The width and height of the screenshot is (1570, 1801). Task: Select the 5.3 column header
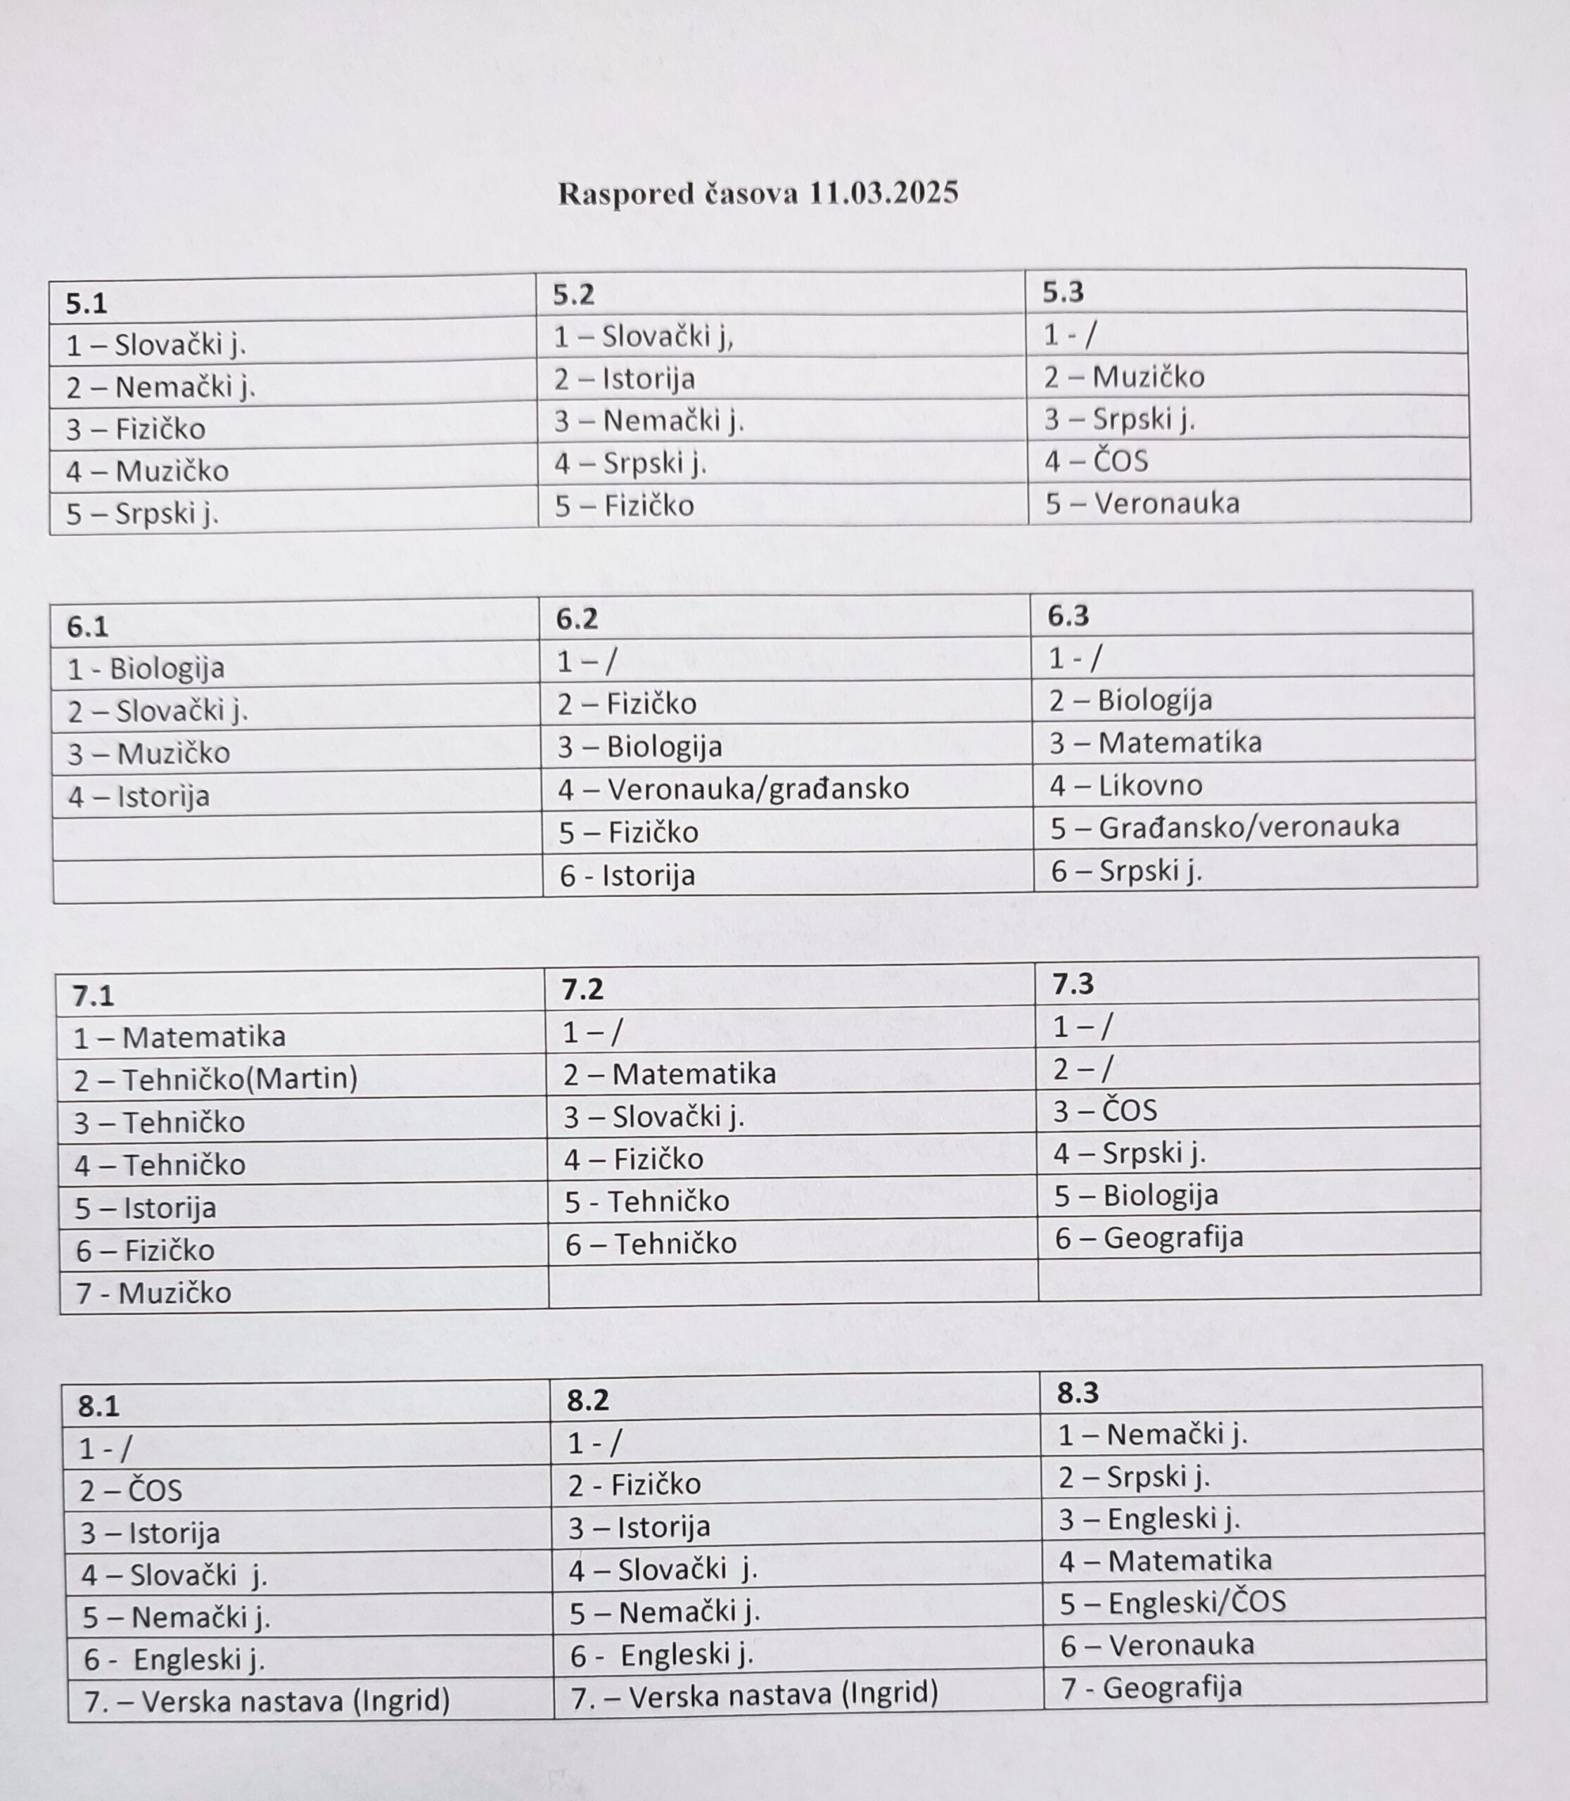coord(1064,293)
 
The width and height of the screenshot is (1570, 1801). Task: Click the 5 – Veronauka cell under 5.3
coord(1142,503)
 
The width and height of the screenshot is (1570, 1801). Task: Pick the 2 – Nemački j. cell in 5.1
coord(160,386)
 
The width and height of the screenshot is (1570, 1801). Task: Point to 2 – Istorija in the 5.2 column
coord(624,378)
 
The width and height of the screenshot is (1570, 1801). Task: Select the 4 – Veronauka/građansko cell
coord(734,789)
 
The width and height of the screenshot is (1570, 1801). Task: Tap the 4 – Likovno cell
coord(1126,785)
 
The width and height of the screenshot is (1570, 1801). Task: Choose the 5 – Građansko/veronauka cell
coord(1224,827)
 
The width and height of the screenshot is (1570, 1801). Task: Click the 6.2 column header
coord(577,618)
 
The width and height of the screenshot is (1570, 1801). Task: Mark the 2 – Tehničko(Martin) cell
coord(215,1079)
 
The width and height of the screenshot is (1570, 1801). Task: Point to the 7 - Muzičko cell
coord(153,1292)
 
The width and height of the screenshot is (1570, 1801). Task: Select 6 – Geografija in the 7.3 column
coord(1149,1237)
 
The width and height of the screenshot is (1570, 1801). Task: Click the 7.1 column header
coord(93,995)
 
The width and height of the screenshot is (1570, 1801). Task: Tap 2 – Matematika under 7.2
coord(670,1074)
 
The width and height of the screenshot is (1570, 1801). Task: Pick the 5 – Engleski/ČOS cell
coord(1173,1603)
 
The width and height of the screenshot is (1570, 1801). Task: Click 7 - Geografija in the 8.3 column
coord(1151,1687)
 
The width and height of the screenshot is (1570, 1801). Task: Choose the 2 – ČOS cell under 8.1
coord(131,1491)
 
